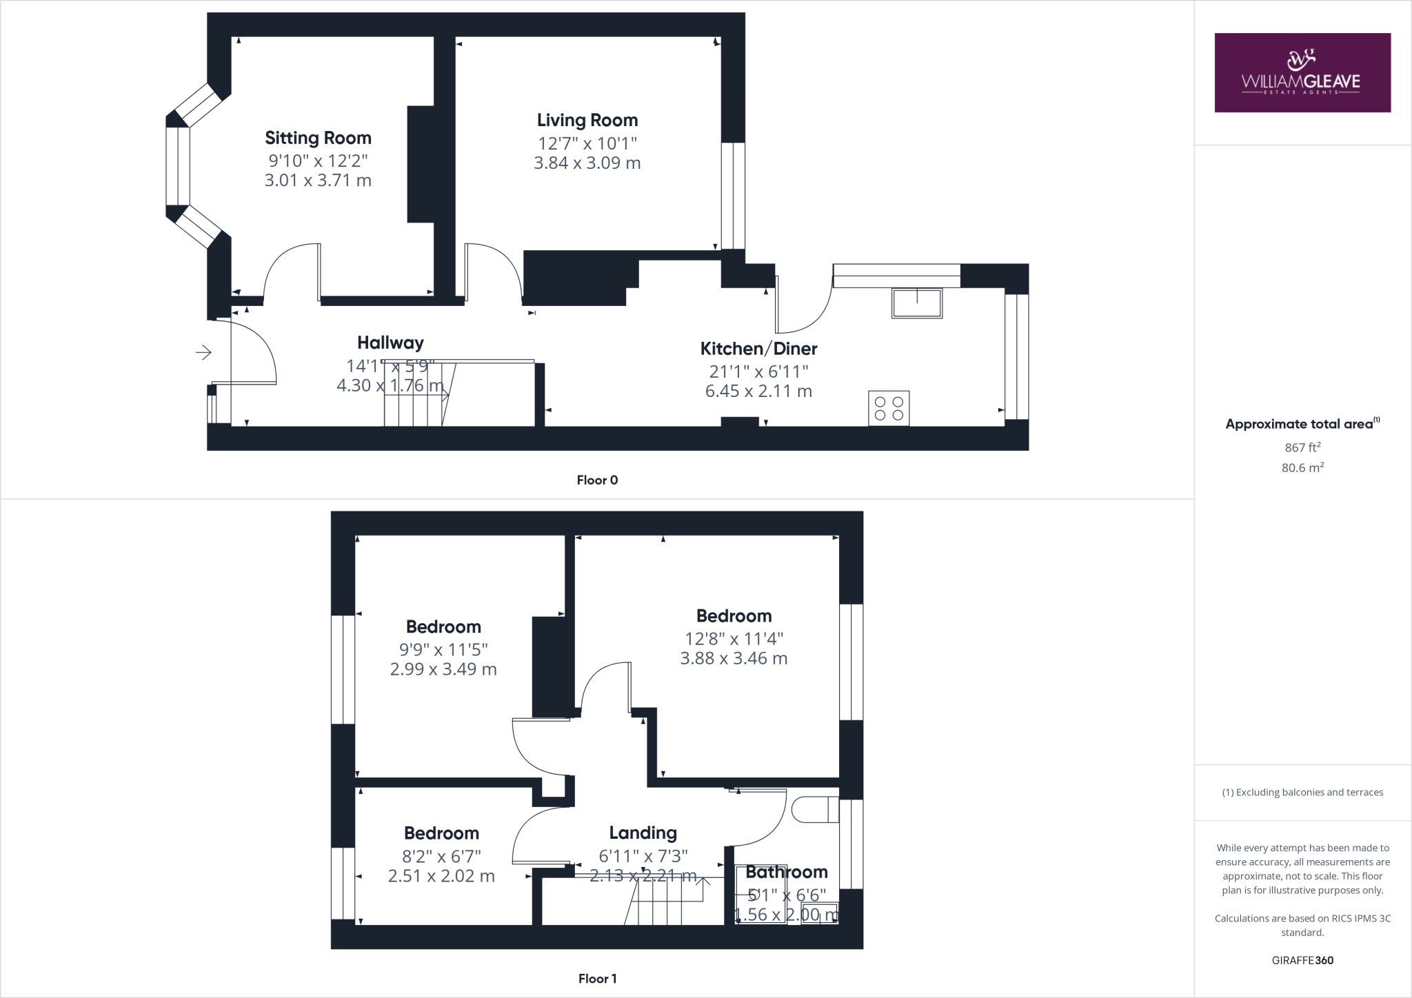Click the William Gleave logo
tap(1302, 72)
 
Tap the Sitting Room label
tap(318, 138)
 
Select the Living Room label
tap(587, 121)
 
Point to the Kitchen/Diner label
tap(758, 349)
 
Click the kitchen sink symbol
tap(916, 303)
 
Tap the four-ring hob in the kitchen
tap(889, 407)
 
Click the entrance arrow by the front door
tap(203, 353)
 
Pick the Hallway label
tap(390, 343)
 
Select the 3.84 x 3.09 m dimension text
tap(587, 163)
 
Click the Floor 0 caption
tap(597, 480)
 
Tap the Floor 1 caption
tap(597, 979)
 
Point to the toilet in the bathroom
tap(814, 810)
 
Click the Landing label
tap(643, 833)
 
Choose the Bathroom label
tap(786, 873)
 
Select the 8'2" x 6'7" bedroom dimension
tap(441, 857)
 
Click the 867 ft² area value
tap(1302, 447)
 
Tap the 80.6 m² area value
tap(1302, 468)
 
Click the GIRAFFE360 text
tap(1302, 960)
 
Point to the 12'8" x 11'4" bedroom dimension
tap(734, 639)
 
